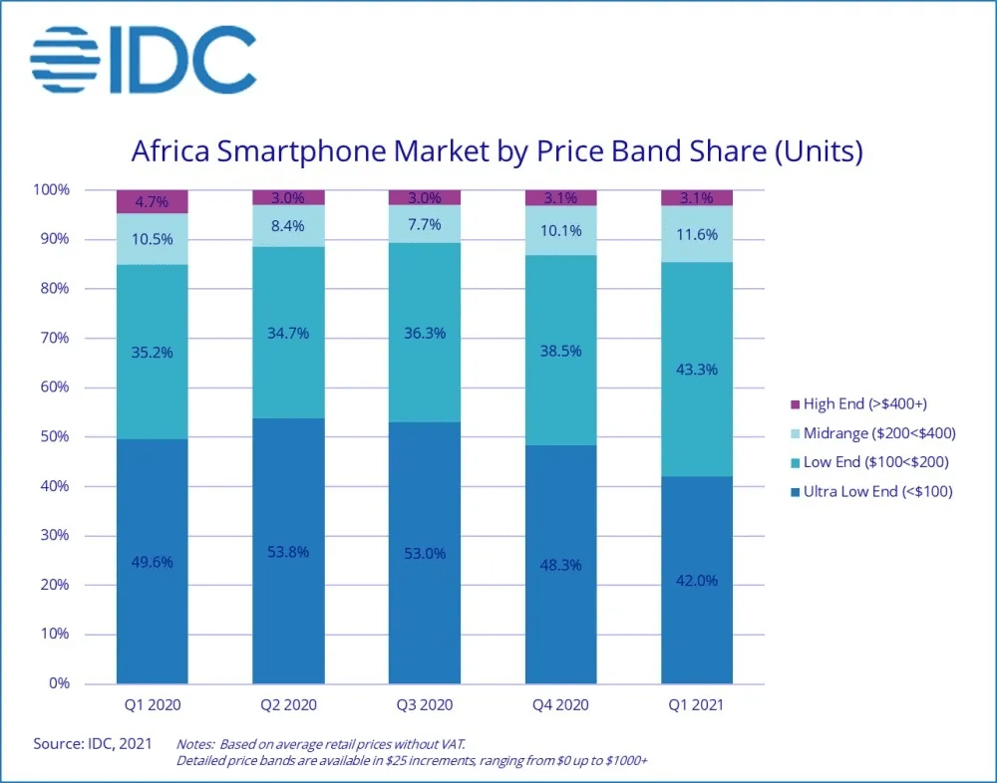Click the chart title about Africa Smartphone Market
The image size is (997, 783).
pos(497,152)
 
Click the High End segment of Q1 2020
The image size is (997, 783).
pos(152,202)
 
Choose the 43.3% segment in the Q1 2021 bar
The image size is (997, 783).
pos(697,369)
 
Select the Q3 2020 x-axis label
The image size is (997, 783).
pos(424,705)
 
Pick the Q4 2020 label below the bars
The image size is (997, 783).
pos(560,705)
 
